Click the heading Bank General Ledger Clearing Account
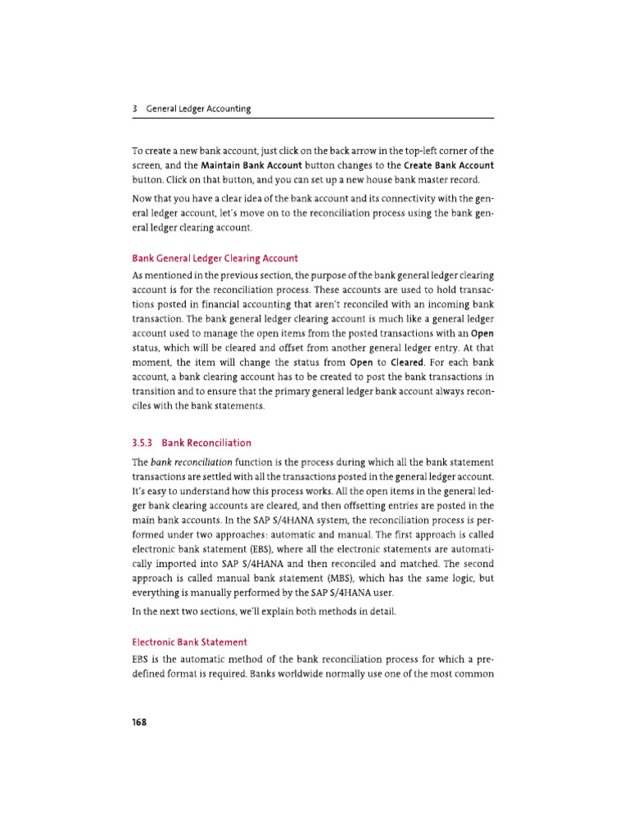pyautogui.click(x=215, y=259)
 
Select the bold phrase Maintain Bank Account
pyautogui.click(x=251, y=164)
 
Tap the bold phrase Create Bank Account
pyautogui.click(x=449, y=164)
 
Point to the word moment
pyautogui.click(x=153, y=363)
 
